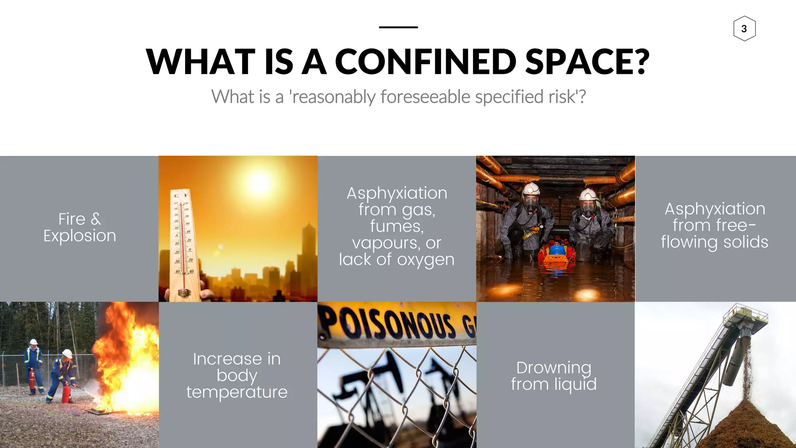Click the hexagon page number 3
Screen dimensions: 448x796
[x=744, y=29]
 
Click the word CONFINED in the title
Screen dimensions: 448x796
[x=426, y=62]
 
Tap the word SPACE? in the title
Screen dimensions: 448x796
[x=587, y=62]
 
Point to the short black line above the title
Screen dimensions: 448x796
[x=398, y=27]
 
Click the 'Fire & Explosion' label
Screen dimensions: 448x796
[x=80, y=227]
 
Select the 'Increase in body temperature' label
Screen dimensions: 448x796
[x=237, y=375]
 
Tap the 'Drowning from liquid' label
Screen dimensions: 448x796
[x=553, y=376]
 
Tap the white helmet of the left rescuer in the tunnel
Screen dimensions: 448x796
[x=531, y=189]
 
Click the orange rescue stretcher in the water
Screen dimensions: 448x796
[x=556, y=257]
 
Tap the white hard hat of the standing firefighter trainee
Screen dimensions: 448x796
[x=34, y=342]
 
